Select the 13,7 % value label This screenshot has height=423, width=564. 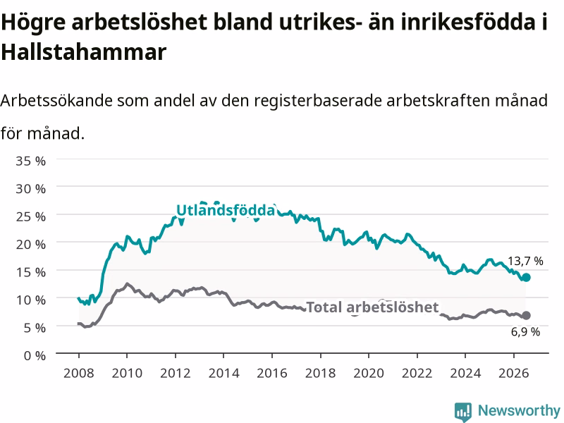[x=525, y=261]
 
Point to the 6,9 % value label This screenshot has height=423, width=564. [x=525, y=331]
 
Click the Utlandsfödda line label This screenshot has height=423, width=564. [x=226, y=210]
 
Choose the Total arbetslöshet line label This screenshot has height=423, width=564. [x=372, y=307]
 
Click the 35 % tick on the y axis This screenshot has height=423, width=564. [x=30, y=161]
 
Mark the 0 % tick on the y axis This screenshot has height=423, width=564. [x=35, y=355]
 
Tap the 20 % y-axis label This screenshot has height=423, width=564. [x=30, y=244]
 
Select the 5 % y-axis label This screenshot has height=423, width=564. [x=35, y=328]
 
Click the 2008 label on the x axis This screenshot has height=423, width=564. [x=79, y=373]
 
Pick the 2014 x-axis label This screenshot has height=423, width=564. [x=223, y=373]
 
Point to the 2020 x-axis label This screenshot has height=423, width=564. [x=369, y=373]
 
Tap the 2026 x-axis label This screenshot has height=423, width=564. [x=514, y=373]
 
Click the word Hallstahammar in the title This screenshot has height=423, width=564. [x=83, y=51]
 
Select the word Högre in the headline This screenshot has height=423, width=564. [x=33, y=23]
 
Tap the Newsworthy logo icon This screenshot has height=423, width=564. [x=463, y=412]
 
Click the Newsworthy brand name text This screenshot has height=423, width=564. [x=519, y=410]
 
